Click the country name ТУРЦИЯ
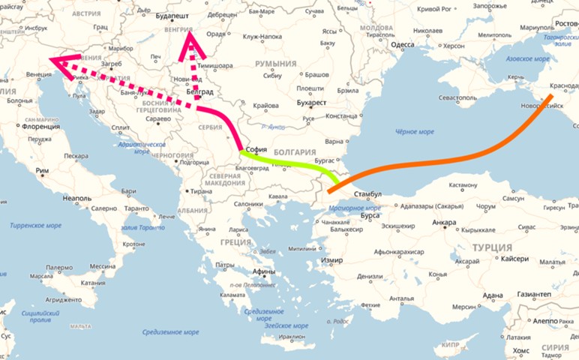[491, 247]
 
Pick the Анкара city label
[444, 222]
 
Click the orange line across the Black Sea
[450, 158]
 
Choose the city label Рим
[42, 171]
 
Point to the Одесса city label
[403, 45]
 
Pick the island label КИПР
[450, 346]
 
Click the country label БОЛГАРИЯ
[294, 151]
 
